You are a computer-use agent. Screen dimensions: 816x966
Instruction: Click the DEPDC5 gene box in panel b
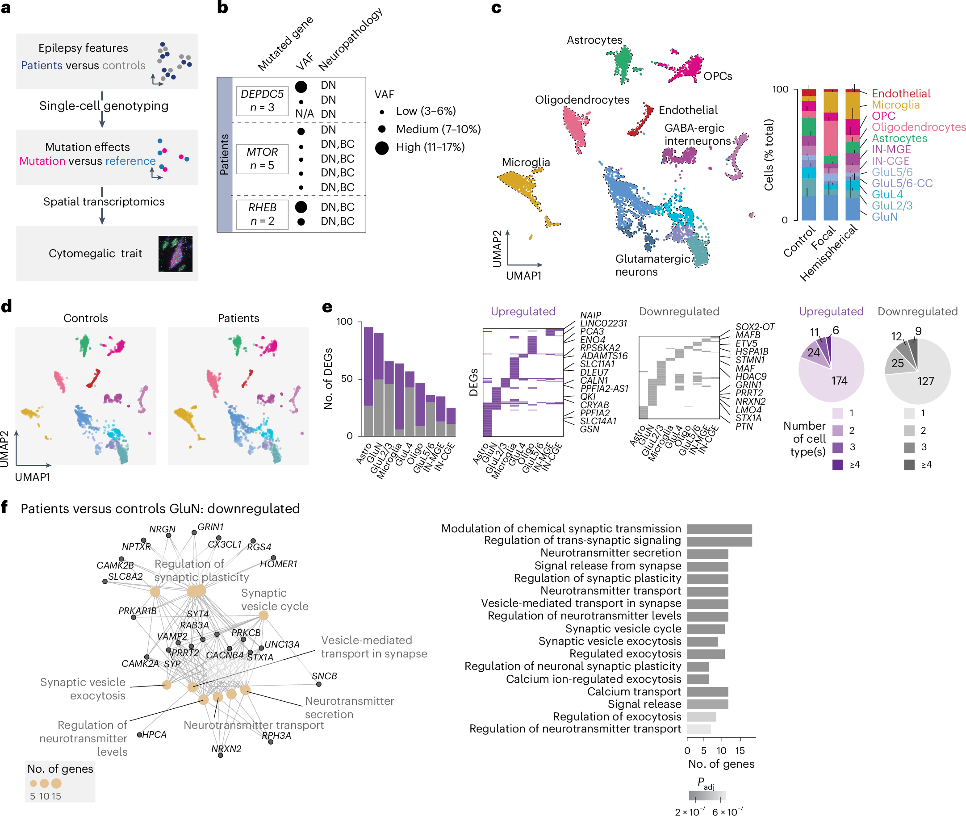point(262,100)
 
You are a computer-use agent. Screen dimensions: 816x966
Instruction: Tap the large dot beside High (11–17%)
point(381,148)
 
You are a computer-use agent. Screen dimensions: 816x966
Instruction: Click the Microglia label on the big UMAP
point(526,163)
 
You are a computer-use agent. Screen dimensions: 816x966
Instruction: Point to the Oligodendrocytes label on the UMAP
point(582,100)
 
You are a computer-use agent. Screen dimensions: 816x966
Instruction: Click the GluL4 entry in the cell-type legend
point(887,194)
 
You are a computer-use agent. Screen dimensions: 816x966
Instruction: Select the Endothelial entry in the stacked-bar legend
point(900,93)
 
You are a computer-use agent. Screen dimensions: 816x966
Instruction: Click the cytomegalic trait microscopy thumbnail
point(175,254)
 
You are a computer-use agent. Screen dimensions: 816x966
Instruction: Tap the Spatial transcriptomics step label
point(104,202)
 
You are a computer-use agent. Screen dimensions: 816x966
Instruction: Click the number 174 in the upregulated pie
point(839,381)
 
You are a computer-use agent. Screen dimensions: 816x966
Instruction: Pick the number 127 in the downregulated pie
point(925,381)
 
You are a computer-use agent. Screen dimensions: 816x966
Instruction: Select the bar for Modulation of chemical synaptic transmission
point(719,529)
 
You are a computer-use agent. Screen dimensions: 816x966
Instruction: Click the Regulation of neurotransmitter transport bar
point(699,729)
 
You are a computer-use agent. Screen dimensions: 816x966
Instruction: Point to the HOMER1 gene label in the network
point(278,564)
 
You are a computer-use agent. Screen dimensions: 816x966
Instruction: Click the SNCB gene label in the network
point(324,676)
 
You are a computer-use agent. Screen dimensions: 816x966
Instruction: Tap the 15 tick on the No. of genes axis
point(740,750)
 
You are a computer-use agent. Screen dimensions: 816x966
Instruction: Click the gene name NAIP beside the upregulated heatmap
point(590,315)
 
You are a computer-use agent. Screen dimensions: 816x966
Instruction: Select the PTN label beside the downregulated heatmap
point(744,426)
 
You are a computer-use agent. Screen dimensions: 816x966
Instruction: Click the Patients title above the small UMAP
point(238,318)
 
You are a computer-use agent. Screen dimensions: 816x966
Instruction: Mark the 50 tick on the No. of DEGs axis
point(347,378)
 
